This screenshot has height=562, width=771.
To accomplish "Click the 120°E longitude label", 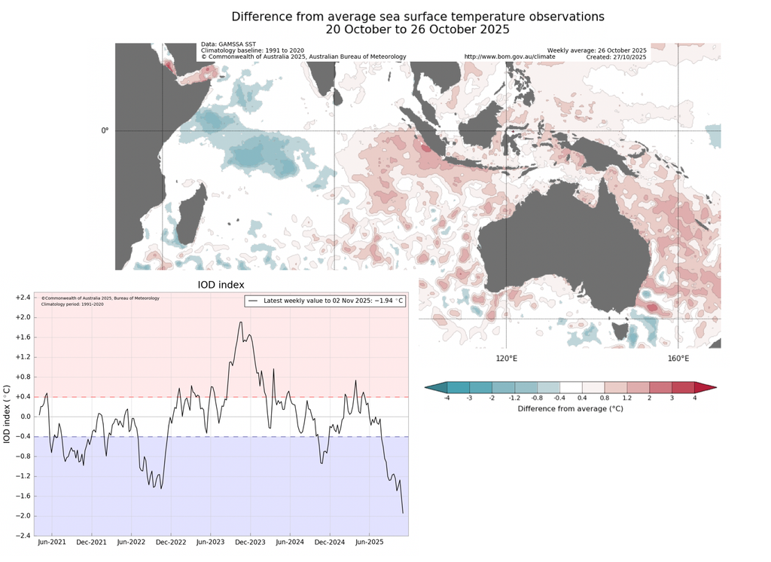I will (506, 358).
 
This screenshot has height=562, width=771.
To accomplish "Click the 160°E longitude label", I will (678, 358).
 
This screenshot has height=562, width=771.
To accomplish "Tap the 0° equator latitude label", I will (105, 130).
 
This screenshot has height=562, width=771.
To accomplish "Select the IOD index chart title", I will (221, 285).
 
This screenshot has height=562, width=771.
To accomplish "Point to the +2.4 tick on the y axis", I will (23, 298).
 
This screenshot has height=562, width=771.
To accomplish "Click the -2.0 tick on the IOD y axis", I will (23, 516).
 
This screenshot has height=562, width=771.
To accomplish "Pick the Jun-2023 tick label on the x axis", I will (211, 542).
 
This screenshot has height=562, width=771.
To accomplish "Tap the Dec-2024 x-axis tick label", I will (329, 542).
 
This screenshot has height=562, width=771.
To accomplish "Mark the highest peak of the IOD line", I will (240, 322).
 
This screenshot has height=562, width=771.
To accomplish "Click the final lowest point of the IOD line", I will (403, 513).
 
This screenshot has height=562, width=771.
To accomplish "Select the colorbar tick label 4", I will (694, 398).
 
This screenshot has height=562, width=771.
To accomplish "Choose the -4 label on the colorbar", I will (446, 398).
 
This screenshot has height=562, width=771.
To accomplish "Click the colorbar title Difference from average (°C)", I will (570, 408).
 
